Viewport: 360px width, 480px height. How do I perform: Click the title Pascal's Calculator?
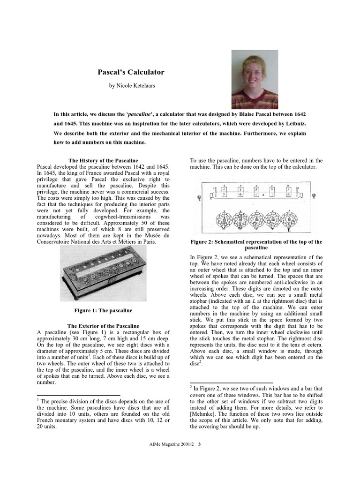point(131,72)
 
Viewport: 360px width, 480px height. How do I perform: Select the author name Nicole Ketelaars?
point(131,86)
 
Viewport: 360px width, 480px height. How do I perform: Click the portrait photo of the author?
point(255,80)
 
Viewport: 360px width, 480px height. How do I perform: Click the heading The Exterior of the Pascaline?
point(103,326)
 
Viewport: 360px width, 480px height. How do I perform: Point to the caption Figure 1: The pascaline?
point(103,310)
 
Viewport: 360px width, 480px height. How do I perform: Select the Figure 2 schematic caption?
point(256,245)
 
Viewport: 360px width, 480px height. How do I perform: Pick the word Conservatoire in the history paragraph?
point(57,242)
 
